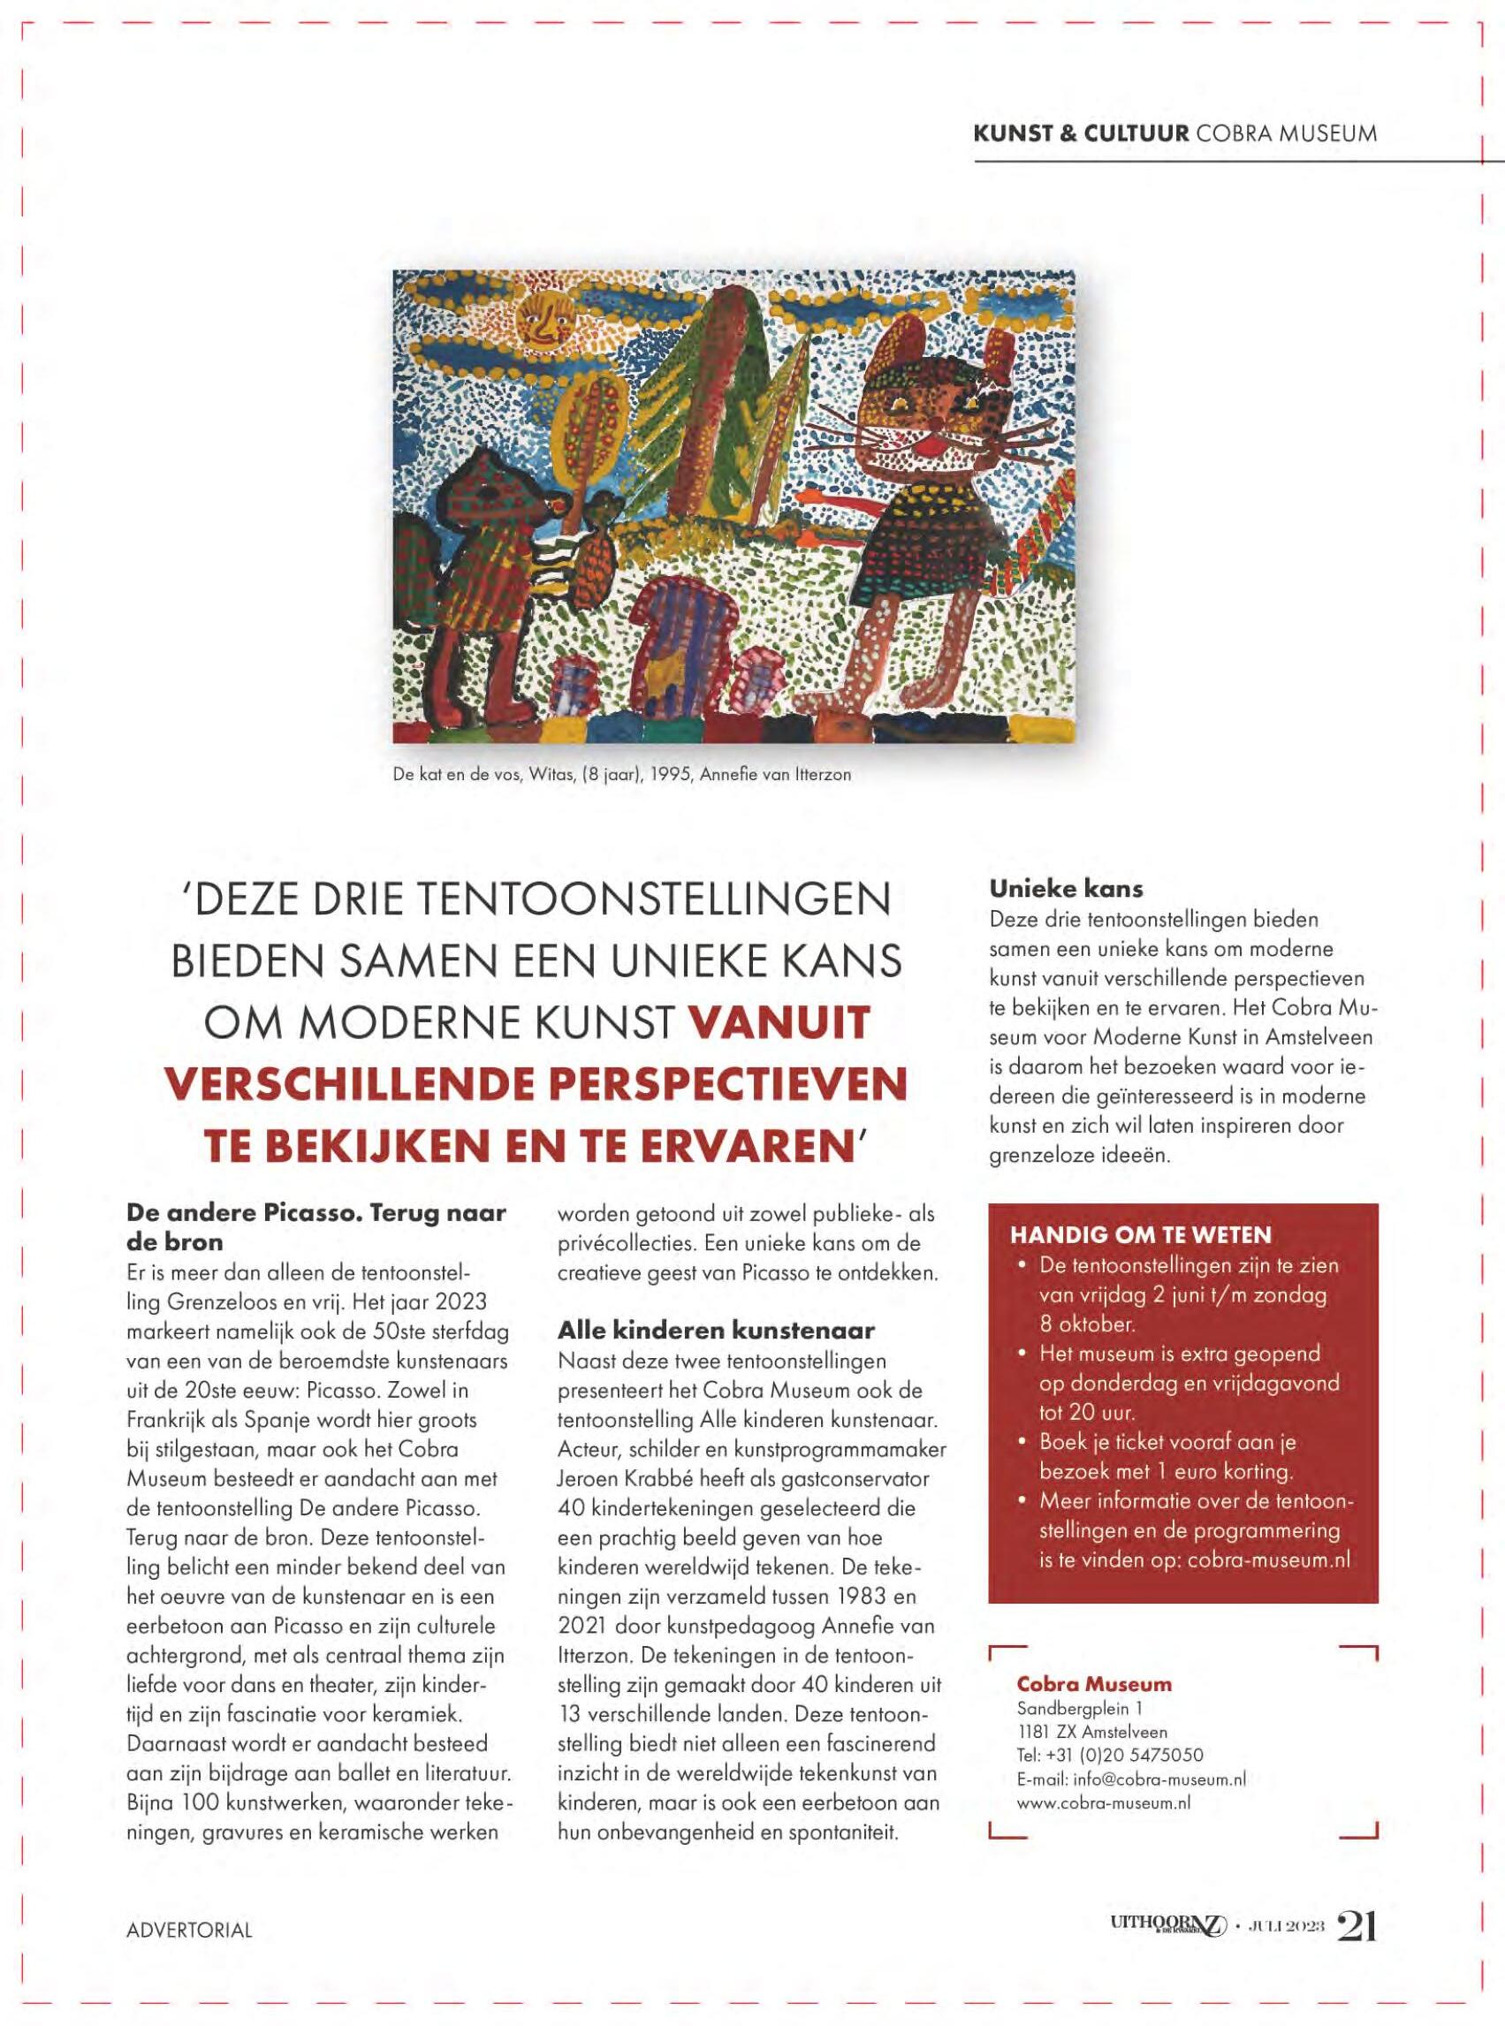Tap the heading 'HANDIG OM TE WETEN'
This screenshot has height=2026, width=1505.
(1141, 1235)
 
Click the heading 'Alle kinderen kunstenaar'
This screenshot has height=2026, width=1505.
(715, 1331)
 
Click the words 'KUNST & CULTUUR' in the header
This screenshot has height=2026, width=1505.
(1081, 133)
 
